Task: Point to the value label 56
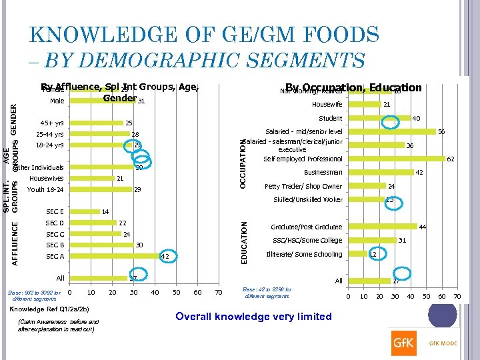(441, 132)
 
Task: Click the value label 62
(451, 159)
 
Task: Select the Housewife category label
(327, 105)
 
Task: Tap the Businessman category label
(323, 173)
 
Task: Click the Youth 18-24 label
(45, 190)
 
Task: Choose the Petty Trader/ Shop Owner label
(303, 187)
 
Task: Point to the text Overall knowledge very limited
(253, 317)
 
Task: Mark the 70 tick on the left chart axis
(219, 292)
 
